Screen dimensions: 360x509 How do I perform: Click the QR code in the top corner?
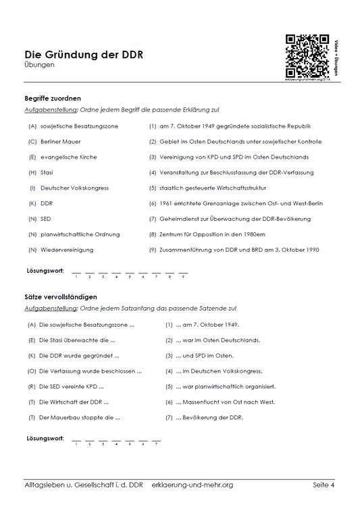(307, 56)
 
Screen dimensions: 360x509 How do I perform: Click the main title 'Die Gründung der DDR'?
(84, 55)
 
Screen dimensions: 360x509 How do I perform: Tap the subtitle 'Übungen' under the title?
(39, 65)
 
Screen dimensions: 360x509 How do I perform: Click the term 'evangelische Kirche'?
(68, 157)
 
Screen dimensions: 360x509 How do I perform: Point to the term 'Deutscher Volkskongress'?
(74, 188)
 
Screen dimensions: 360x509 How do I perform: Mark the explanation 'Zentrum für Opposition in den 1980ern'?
(216, 234)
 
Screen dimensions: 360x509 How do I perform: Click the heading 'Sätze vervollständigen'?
(61, 296)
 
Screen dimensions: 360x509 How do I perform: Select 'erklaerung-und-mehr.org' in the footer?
(192, 485)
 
